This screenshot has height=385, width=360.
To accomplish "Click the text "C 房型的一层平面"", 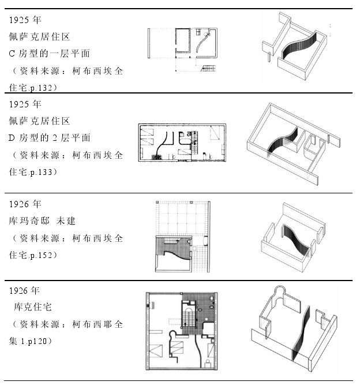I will (49, 54).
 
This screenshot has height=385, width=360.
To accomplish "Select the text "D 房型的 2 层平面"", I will (50, 138).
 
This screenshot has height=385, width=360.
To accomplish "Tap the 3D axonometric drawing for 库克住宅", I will (288, 331).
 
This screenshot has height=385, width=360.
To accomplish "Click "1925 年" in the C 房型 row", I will (25, 20).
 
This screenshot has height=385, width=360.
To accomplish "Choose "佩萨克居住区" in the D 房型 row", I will (39, 121).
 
